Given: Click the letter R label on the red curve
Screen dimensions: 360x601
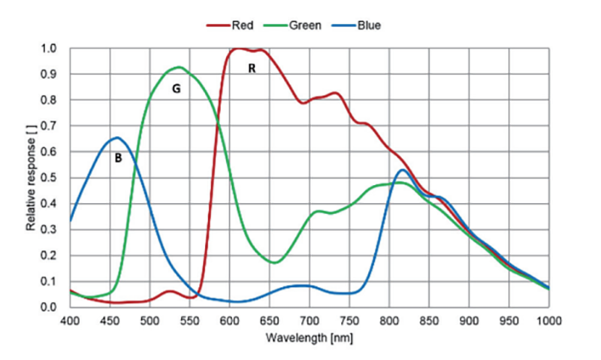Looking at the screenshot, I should coord(252,68).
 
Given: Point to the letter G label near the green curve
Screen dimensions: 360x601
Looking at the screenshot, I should coord(176,89).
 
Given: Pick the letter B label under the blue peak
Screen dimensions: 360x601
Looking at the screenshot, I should coord(118,158).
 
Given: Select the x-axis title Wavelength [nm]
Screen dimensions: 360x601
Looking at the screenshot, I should coord(309,339).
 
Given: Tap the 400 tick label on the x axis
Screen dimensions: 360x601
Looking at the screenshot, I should coord(70,320).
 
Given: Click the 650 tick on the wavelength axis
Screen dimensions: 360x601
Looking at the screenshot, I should coord(269,320).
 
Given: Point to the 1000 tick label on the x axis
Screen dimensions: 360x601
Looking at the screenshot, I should coord(548,320).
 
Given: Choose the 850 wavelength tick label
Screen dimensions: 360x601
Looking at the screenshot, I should coord(429,320).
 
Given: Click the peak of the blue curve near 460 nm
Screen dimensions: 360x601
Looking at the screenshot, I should coord(117,138).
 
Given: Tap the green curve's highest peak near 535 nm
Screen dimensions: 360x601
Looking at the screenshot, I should coord(179,67).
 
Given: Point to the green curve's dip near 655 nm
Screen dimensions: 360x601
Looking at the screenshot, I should coord(274,262).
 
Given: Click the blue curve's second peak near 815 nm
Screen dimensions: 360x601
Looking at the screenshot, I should coord(403,170).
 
